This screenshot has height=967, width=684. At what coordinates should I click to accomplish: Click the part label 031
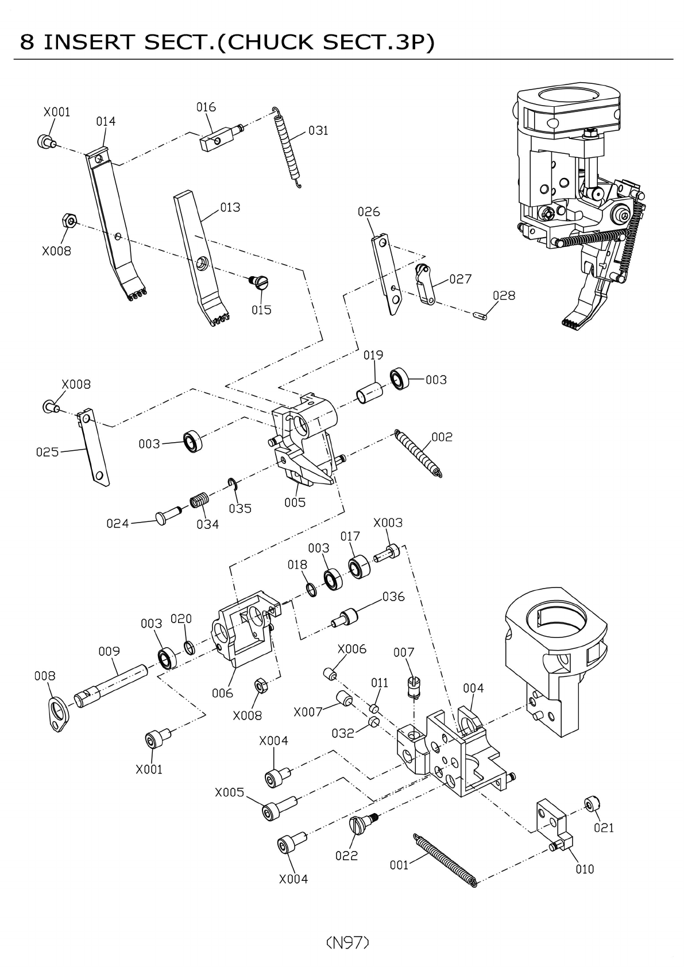click(318, 130)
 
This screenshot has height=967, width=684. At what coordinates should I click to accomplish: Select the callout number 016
click(206, 107)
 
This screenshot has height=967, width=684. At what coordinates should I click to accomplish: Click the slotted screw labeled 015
click(259, 282)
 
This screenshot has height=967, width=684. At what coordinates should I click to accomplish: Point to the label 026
click(369, 211)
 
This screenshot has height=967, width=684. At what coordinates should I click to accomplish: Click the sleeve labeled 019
click(370, 393)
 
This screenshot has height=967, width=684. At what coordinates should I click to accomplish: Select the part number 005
click(295, 502)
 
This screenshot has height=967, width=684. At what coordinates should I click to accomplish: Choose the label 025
click(47, 452)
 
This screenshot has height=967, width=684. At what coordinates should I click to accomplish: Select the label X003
click(388, 523)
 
